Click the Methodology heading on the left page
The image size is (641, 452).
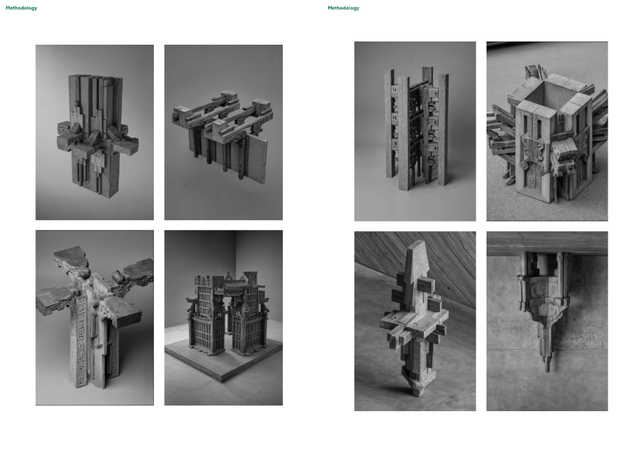(x=21, y=8)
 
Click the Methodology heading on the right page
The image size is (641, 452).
(x=343, y=8)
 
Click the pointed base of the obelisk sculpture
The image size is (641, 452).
(x=418, y=388)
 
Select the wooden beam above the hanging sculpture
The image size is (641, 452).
(x=547, y=243)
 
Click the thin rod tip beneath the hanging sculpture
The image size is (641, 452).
(x=547, y=367)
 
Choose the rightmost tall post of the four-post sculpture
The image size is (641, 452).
(x=444, y=130)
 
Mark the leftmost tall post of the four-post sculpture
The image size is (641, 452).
(x=389, y=123)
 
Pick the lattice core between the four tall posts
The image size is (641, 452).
(x=416, y=131)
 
